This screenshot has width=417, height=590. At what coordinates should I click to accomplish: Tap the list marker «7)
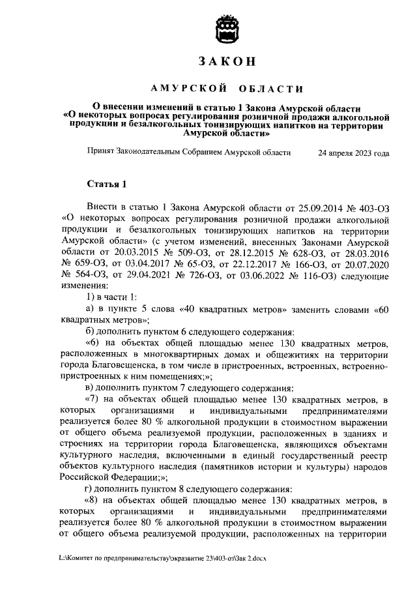coord(93,398)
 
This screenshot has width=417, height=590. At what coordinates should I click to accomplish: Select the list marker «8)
coord(93,500)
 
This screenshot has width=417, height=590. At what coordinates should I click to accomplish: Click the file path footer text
coord(162,559)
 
